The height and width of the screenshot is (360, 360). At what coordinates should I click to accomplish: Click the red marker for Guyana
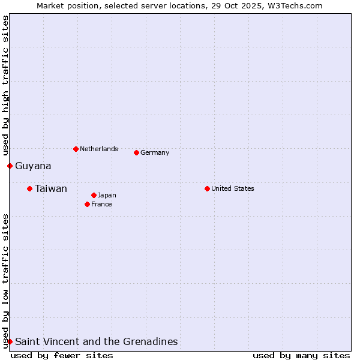tap(10, 166)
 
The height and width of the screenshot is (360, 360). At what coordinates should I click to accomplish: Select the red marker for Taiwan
tap(29, 188)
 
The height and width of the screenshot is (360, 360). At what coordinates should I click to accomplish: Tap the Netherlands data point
tap(76, 149)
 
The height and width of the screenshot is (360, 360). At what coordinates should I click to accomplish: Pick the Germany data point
tap(136, 152)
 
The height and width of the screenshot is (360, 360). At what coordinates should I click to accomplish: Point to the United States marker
tap(207, 188)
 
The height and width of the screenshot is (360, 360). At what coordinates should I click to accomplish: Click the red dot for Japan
tap(94, 195)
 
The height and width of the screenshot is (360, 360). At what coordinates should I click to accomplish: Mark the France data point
tap(87, 204)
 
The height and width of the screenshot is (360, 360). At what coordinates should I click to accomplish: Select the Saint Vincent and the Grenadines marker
tap(10, 341)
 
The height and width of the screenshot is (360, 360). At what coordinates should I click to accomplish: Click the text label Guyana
tap(33, 166)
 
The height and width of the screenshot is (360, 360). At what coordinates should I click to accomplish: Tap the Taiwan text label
tap(51, 189)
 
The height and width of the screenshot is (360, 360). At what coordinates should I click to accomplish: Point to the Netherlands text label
tap(99, 149)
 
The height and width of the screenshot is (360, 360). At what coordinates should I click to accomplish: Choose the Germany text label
tap(155, 152)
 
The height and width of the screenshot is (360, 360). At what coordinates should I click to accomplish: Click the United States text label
tap(233, 188)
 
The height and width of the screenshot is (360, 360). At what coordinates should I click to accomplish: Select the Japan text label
tap(107, 195)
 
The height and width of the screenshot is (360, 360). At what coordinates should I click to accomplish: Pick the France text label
tap(101, 204)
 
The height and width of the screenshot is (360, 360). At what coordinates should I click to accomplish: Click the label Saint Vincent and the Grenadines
tap(96, 342)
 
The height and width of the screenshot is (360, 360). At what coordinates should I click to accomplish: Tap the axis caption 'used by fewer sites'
tap(62, 355)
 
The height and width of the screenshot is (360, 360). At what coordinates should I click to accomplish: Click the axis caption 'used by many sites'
tap(301, 355)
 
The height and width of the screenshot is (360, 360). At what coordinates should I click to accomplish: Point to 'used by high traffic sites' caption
tap(5, 86)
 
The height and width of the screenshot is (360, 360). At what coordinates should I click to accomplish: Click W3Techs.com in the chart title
tap(294, 5)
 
